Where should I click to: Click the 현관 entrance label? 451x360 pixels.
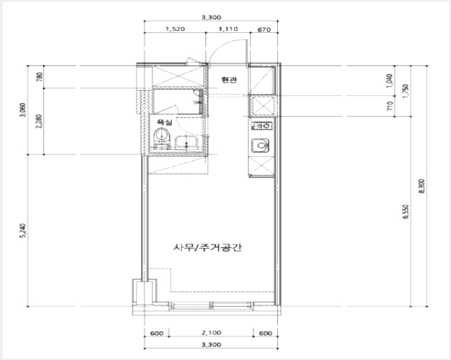pyautogui.click(x=229, y=80)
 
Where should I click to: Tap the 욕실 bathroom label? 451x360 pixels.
pyautogui.click(x=164, y=122)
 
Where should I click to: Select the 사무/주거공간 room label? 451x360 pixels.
pyautogui.click(x=207, y=247)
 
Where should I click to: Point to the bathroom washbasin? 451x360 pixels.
pyautogui.click(x=187, y=142)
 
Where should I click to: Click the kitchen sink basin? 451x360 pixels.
pyautogui.click(x=260, y=145)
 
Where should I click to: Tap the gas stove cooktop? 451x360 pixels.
pyautogui.click(x=262, y=126)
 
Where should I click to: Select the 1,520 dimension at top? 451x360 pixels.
pyautogui.click(x=175, y=29)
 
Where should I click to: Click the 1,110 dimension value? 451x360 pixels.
pyautogui.click(x=228, y=29)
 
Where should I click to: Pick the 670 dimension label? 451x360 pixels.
pyautogui.click(x=264, y=30)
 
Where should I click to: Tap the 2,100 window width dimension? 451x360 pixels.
pyautogui.click(x=211, y=333)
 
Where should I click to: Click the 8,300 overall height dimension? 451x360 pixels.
pyautogui.click(x=422, y=186)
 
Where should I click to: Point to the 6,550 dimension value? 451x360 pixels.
pyautogui.click(x=405, y=212)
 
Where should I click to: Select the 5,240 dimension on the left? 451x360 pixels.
pyautogui.click(x=23, y=230)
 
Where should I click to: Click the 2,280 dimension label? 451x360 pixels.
pyautogui.click(x=40, y=122)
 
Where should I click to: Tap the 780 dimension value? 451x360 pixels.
pyautogui.click(x=40, y=77)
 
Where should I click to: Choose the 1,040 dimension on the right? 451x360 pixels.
pyautogui.click(x=390, y=81)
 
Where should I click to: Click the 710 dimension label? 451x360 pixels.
pyautogui.click(x=390, y=106)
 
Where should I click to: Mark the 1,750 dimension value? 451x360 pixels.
pyautogui.click(x=406, y=91)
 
